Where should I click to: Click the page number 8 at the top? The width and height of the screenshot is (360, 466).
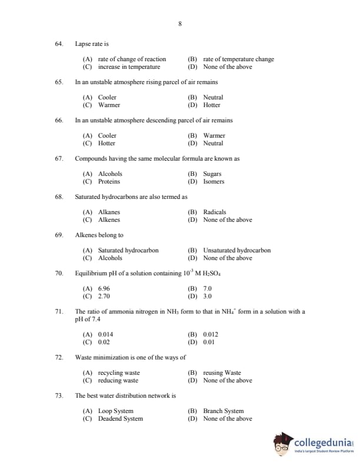pos(179,24)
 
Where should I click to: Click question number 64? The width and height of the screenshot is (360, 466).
pos(59,44)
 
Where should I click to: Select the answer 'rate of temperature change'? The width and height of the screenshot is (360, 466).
pos(238,59)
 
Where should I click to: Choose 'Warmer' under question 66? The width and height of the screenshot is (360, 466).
pos(214,135)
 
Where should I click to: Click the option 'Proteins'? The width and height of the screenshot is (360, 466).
pos(109,181)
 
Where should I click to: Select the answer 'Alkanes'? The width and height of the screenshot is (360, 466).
pos(109,212)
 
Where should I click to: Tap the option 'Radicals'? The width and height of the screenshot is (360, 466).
pos(215,212)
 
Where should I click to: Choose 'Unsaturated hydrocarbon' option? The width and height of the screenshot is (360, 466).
pos(236,250)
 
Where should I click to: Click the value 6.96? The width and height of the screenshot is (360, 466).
pos(104,288)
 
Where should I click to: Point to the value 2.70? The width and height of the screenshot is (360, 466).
pos(104,296)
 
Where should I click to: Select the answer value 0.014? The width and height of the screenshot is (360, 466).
pos(105,334)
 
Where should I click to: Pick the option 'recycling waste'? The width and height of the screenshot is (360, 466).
pos(119,372)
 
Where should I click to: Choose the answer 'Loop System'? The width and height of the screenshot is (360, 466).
pos(115,411)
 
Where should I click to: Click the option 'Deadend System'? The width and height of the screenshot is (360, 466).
pos(120,418)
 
